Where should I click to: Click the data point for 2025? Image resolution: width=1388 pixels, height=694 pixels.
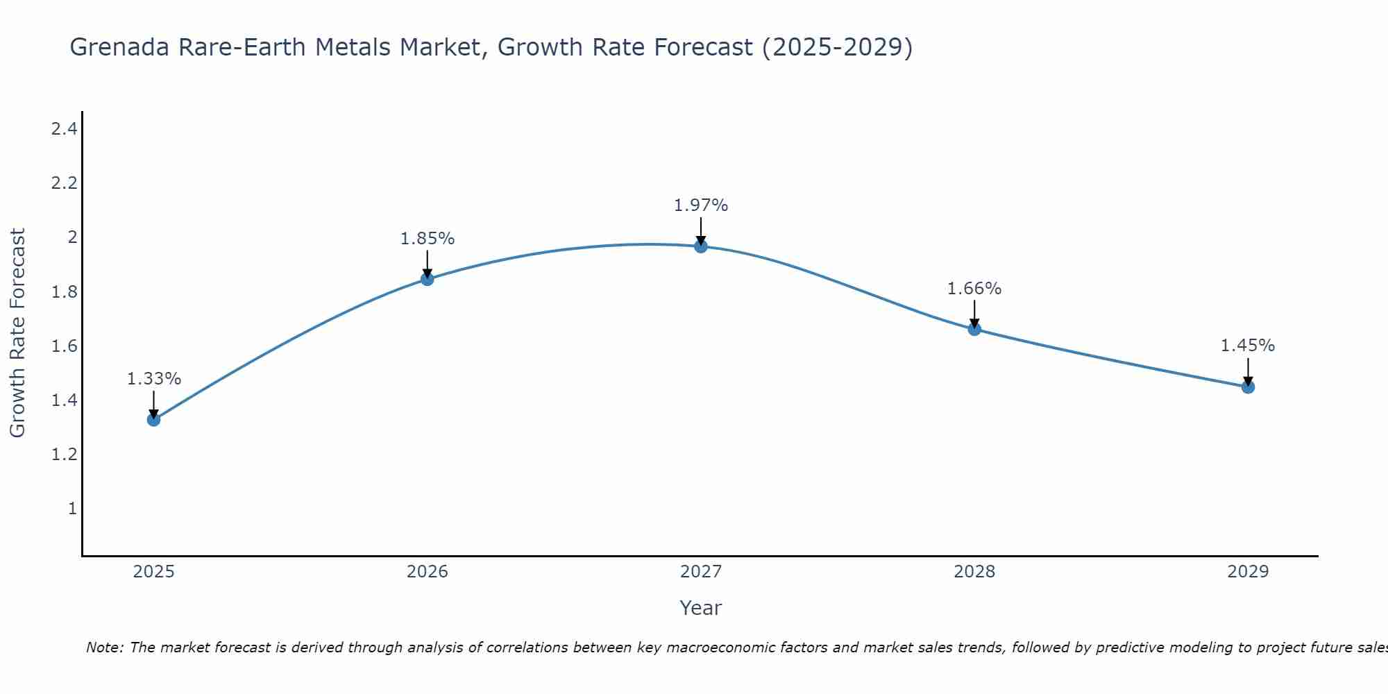coord(154,419)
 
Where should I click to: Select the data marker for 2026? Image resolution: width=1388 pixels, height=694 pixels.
coord(428,279)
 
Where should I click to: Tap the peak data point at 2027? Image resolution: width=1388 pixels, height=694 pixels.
coord(701,246)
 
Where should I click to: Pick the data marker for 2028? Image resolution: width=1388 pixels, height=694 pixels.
coord(974,329)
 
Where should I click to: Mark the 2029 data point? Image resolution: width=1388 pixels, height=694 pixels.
coord(1248,387)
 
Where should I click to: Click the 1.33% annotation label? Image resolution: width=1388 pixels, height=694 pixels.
coord(154,379)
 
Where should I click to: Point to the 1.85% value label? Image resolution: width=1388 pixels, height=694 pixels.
coord(428,239)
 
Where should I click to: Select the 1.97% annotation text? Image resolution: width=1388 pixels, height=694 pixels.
coord(701,205)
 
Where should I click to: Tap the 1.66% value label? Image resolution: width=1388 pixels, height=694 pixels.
coord(974,289)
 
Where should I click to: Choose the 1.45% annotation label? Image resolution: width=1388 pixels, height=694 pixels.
coord(1248,346)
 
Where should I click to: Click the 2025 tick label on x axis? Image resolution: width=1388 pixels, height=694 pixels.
coord(154,572)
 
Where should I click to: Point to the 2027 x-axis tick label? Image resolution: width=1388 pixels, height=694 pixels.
coord(701,572)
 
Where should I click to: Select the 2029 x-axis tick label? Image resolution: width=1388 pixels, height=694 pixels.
coord(1248,572)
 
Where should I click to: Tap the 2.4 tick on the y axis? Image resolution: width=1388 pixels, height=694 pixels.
coord(64,128)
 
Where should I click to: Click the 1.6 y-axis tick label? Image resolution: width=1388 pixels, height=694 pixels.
coord(64,346)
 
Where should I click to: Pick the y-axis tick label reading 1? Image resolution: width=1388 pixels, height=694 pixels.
coord(71,509)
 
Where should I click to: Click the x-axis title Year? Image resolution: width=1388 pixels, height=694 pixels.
coord(701,608)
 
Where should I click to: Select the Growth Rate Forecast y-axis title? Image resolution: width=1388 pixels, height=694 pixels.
coord(17,333)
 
